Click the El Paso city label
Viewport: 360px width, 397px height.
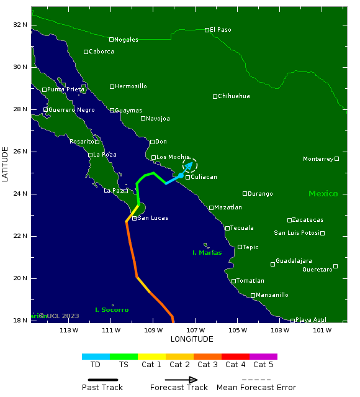tap(220, 29)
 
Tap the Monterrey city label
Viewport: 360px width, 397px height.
tap(318, 159)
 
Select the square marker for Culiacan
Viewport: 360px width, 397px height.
tap(187, 177)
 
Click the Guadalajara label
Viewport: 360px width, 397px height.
tap(294, 261)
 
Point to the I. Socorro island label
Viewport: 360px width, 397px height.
tap(112, 309)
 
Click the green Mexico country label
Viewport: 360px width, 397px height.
tap(323, 194)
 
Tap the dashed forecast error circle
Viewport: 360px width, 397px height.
tap(190, 165)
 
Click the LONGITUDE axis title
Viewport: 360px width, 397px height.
tap(192, 339)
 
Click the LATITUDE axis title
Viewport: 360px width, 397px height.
tap(6, 164)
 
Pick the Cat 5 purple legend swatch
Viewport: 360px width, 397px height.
tap(263, 357)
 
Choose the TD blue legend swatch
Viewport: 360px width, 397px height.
tap(96, 357)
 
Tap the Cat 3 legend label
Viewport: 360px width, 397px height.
tap(207, 365)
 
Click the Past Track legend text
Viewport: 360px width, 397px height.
tap(102, 388)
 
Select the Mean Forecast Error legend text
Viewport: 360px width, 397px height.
tap(256, 388)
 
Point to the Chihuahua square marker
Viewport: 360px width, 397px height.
tap(215, 96)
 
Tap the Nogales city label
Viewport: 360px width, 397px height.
tap(126, 40)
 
